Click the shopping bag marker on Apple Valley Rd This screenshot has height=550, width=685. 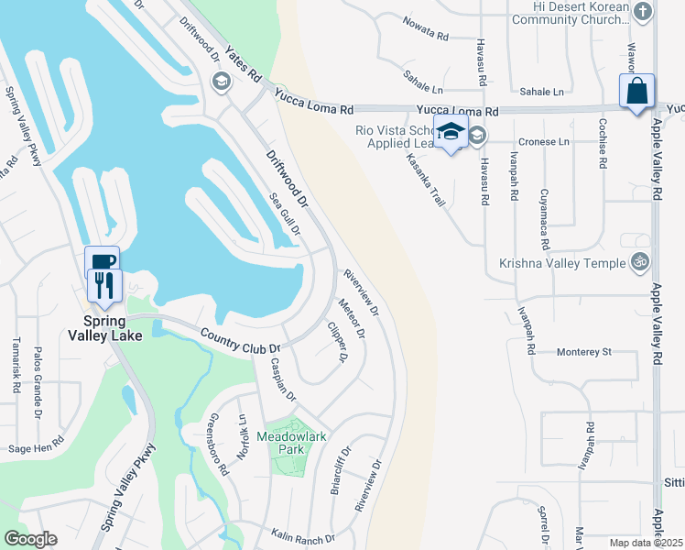[636, 93]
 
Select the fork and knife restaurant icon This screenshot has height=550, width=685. [103, 285]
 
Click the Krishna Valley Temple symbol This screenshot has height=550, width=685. [640, 263]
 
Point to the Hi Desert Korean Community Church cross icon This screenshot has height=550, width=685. [643, 13]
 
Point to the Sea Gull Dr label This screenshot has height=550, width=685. [284, 213]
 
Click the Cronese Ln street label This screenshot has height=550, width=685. [544, 142]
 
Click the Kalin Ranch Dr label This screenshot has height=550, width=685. [302, 533]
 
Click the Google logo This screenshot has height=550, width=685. [30, 539]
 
